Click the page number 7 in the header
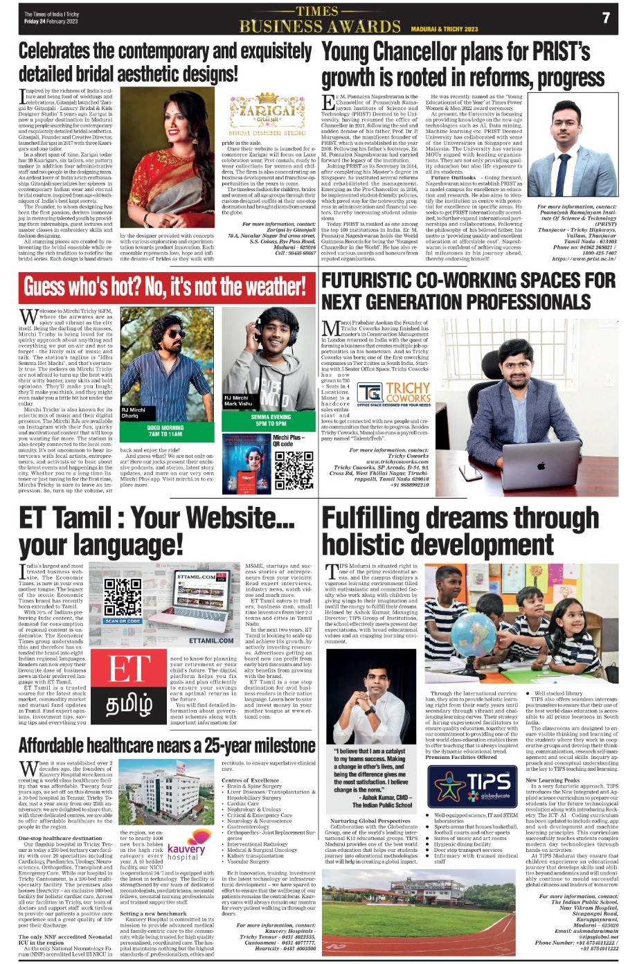(606, 18)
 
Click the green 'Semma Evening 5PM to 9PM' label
(271, 420)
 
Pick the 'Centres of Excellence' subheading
(250, 780)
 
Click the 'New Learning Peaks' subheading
(553, 780)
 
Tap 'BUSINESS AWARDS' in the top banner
(319, 27)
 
